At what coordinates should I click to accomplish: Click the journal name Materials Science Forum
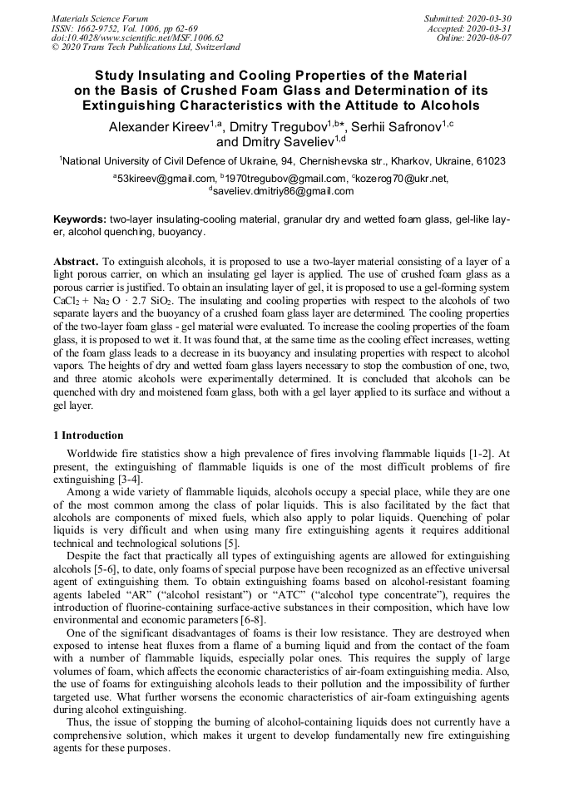pyautogui.click(x=100, y=18)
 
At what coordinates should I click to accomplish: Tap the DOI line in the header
pyautogui.click(x=137, y=38)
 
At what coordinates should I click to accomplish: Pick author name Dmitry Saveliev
pyautogui.click(x=275, y=142)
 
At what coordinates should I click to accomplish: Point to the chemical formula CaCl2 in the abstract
pyautogui.click(x=68, y=302)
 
